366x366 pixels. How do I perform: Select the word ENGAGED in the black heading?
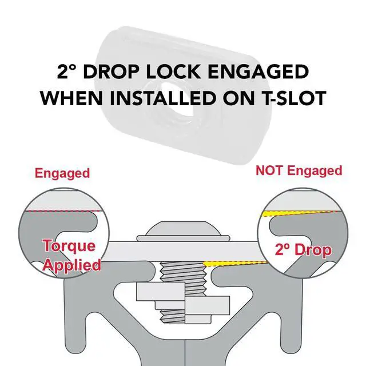coord(258,71)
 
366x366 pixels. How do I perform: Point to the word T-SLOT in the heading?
coord(292,98)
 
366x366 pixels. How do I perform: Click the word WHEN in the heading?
coord(71,98)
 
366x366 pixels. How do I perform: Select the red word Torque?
coord(69,246)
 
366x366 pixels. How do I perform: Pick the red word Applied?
coord(72,265)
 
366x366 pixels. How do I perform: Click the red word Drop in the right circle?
coord(313,250)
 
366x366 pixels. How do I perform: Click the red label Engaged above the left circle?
coord(62,174)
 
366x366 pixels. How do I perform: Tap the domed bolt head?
coord(184,229)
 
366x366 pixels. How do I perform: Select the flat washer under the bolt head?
coord(184,238)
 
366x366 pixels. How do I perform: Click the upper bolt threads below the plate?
coord(184,272)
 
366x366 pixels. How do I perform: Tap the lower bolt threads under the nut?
coord(173,317)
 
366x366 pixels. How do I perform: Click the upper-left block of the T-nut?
coord(161,292)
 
